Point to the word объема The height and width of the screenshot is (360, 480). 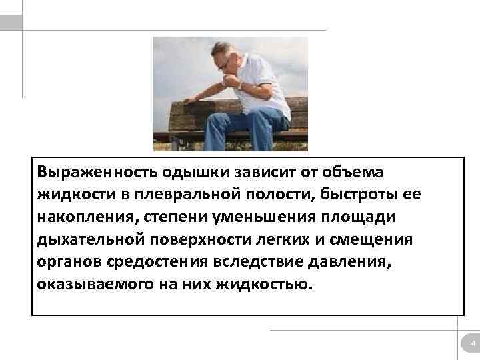click(355, 171)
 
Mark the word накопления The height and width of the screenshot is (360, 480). click(83, 217)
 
